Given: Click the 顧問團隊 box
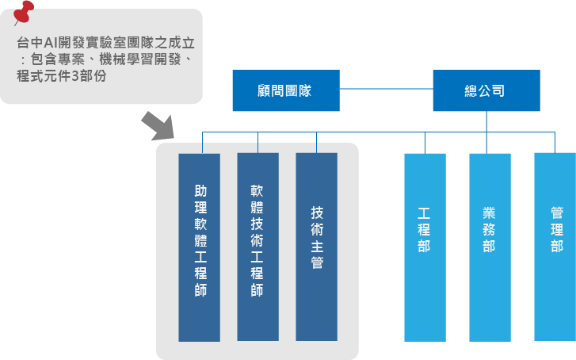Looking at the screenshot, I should [285, 90].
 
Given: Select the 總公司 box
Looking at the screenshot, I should [486, 90].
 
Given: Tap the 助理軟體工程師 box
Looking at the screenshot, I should [200, 247].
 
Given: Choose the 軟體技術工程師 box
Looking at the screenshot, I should [257, 247].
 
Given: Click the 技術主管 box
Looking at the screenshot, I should [316, 247].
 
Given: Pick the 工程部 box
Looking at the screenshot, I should [425, 247].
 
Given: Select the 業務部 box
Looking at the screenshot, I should [490, 247].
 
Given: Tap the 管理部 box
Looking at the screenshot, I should [555, 247].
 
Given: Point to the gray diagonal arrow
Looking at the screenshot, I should [157, 127].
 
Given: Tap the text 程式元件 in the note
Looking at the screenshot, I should [43, 78].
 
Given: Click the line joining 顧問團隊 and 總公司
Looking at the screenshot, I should [386, 90].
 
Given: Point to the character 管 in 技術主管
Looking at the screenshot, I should [317, 263].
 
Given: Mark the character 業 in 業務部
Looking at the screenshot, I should [490, 213].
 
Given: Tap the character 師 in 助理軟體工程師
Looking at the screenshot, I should [200, 291].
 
